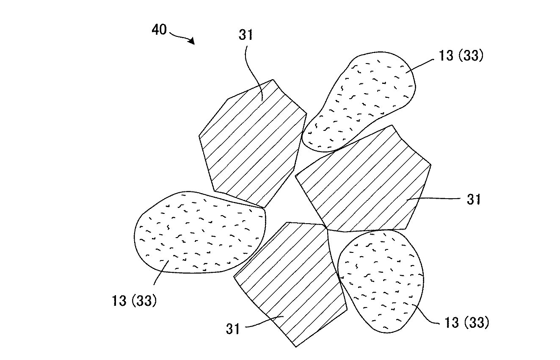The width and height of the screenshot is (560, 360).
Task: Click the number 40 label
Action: click(x=160, y=30)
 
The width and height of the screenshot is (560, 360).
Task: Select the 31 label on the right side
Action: click(x=474, y=199)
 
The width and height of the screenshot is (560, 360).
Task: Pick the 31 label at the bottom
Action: click(x=233, y=329)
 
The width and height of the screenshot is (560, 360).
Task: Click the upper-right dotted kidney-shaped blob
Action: click(x=360, y=102)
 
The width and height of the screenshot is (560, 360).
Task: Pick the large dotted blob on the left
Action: click(x=199, y=233)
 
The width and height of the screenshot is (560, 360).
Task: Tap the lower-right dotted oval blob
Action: click(x=381, y=280)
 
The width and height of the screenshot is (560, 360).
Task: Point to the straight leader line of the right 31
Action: click(x=432, y=199)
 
